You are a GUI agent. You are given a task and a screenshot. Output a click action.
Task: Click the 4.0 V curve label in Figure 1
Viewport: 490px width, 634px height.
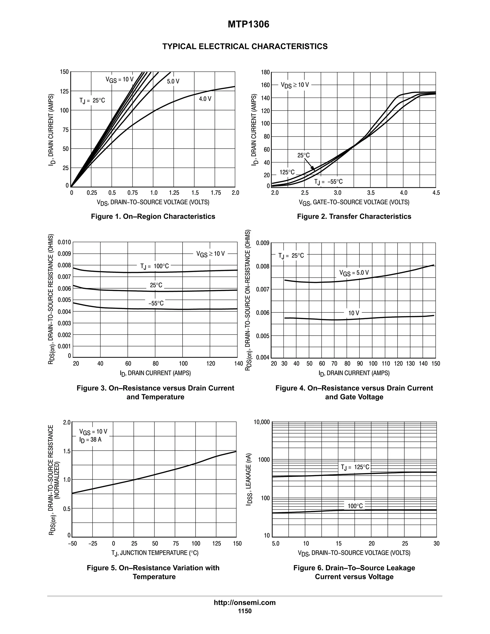coord(205,99)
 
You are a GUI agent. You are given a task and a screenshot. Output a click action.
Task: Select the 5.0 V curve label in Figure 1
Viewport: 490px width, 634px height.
coord(173,82)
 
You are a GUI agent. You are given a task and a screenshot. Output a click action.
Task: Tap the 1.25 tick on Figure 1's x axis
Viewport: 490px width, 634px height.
coord(174,193)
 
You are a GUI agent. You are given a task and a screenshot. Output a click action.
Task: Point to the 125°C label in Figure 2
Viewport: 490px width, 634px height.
coord(287,172)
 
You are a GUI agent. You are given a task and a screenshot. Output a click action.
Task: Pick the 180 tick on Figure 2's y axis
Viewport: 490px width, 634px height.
coord(265,72)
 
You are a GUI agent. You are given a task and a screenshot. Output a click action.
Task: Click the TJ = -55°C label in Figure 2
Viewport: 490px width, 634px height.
coord(328,182)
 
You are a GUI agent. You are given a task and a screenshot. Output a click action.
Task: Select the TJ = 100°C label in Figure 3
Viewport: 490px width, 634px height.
coord(154,266)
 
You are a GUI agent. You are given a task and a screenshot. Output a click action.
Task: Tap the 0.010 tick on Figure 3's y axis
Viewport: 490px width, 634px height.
coord(64,242)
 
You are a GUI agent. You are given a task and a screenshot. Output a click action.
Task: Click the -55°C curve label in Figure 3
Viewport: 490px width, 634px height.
coord(156,303)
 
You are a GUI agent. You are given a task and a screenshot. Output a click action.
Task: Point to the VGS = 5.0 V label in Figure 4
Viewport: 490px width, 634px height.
coord(354,273)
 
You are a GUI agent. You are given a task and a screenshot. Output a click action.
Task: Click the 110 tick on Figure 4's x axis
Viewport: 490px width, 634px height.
coord(385,363)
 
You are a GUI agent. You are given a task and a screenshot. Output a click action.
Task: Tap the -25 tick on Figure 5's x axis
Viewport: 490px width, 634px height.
coord(93,543)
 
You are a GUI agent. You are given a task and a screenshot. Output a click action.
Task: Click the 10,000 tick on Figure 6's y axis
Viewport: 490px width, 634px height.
coord(262,422)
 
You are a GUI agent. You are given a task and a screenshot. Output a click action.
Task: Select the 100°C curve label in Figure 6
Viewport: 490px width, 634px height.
coord(355,506)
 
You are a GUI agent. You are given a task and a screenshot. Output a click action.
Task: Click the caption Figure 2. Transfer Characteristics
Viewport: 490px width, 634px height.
coord(354,216)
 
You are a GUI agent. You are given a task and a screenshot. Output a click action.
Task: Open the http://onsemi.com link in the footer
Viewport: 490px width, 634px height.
coord(245,602)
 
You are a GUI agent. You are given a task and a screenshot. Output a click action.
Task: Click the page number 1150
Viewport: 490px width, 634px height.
coord(245,611)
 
